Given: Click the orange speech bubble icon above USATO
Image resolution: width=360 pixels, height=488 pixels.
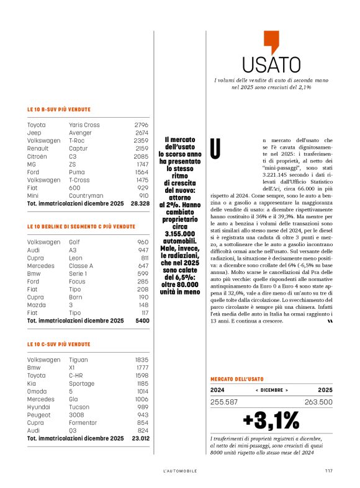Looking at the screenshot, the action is (271, 42).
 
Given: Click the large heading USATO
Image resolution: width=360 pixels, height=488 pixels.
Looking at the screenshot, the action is (271, 64).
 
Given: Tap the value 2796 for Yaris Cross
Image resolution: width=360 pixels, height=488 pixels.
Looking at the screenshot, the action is (141, 125).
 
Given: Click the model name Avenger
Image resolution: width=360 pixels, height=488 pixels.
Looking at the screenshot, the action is (79, 133).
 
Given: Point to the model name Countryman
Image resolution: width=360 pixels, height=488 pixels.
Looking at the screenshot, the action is (86, 195).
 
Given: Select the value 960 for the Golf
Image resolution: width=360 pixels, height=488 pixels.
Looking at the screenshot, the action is (143, 242).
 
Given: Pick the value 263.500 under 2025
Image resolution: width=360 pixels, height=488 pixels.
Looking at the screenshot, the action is (317, 402).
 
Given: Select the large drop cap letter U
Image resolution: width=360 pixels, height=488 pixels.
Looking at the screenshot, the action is (215, 148).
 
